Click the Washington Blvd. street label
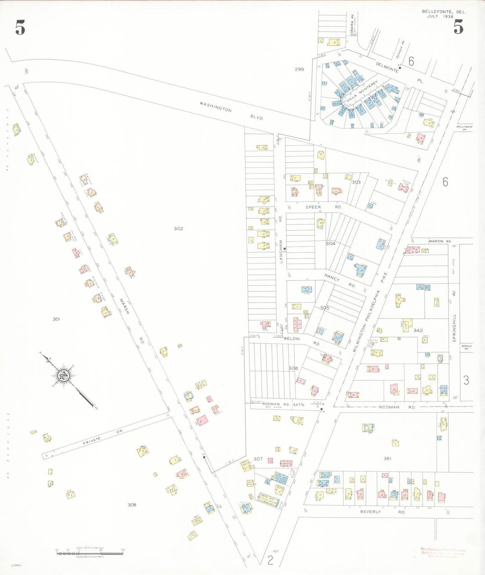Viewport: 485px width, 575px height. coord(231,111)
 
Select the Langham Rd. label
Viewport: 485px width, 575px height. coord(281,239)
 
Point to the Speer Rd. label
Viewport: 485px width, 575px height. coord(324,207)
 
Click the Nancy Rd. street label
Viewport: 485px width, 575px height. coord(340,281)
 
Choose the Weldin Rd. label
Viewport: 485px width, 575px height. coord(302,341)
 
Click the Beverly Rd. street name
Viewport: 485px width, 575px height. coord(383,512)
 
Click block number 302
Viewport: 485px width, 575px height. coord(179,229)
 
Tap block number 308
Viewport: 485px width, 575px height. coord(132,505)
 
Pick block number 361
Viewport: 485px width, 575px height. coord(387,458)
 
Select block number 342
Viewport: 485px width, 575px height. coord(418,330)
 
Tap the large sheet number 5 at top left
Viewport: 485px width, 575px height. coord(20,28)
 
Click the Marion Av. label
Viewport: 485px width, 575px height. coord(440,241)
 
